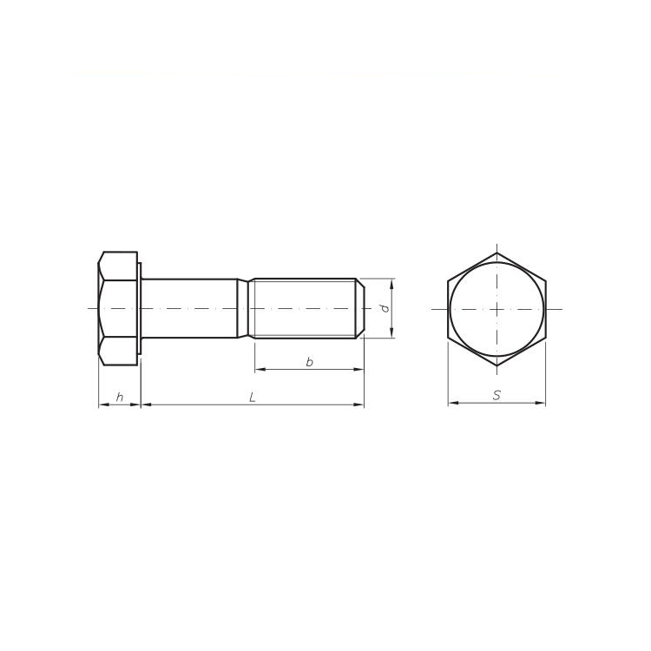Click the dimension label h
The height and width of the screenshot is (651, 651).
(x=120, y=398)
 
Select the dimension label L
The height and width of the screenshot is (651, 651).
(x=252, y=398)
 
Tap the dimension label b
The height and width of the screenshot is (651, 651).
(x=309, y=362)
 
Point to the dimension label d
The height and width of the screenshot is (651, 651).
(x=385, y=308)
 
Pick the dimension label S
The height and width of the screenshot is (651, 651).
(x=496, y=395)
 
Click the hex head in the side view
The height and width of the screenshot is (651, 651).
(x=118, y=308)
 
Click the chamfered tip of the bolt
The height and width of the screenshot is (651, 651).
(x=361, y=308)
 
